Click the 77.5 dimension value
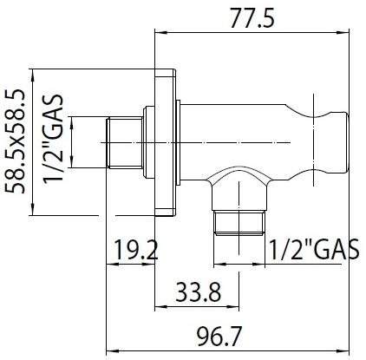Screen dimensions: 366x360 point(252,18)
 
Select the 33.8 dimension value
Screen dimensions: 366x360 point(199,292)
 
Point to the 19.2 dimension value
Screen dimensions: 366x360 point(136,250)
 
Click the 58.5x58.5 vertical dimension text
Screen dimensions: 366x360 point(16,141)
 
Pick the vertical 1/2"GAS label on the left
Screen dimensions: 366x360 point(53,138)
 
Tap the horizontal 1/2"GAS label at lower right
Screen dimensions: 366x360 point(314,249)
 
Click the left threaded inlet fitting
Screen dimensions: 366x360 point(125,142)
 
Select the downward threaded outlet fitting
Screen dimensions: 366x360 point(239,222)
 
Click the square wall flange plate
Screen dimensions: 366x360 point(165,142)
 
